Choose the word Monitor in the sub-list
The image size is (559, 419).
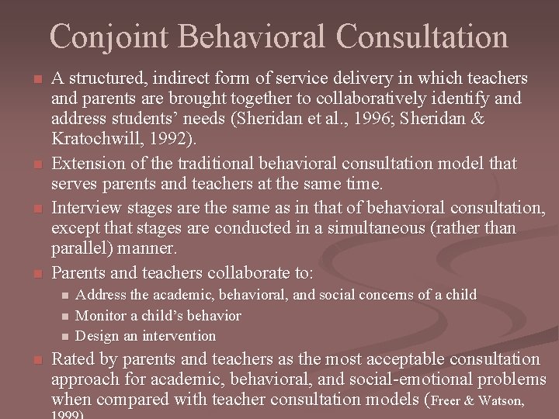pos(101,316)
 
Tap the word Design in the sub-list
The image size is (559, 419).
pos(97,336)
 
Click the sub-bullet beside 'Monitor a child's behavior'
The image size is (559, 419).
pos(65,316)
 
